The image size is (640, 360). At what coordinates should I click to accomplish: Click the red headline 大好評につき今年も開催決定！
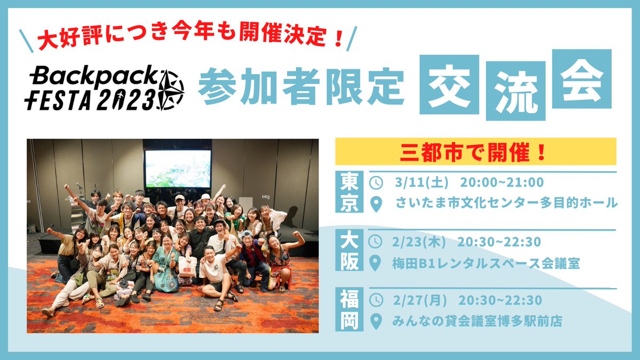[189, 39]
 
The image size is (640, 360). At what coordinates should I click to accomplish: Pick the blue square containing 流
[515, 93]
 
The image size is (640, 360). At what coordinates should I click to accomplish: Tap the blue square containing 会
[581, 78]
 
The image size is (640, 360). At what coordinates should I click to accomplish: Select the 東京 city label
[349, 193]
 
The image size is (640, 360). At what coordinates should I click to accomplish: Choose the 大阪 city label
[349, 252]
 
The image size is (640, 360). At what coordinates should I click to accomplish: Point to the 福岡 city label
[349, 310]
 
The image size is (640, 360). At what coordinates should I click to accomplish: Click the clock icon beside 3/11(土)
[377, 182]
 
